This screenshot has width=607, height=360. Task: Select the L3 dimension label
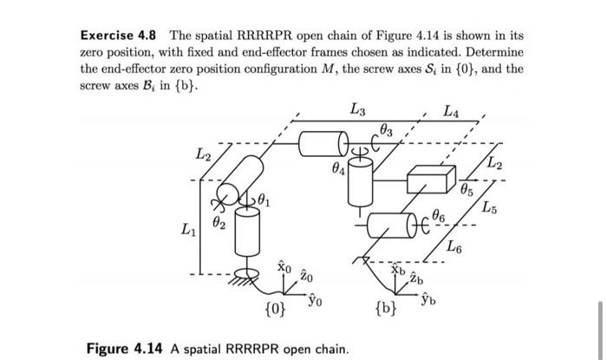[x=357, y=109]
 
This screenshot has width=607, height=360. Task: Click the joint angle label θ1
[x=271, y=202]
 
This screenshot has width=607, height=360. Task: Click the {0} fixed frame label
[x=274, y=307]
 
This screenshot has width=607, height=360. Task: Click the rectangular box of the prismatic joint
[x=430, y=180]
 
